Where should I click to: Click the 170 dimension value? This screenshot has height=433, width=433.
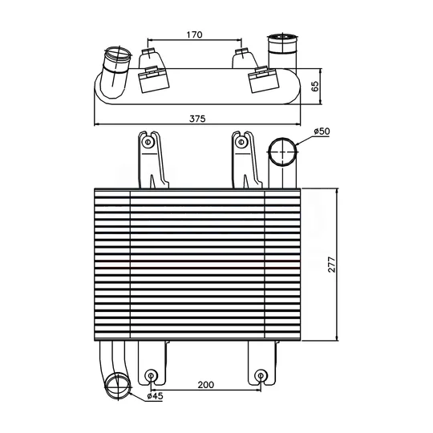194,34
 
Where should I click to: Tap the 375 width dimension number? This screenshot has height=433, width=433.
197,119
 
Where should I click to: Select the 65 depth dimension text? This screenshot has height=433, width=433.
315,86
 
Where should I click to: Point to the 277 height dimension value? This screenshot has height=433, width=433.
331,265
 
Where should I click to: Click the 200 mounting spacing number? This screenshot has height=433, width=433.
206,385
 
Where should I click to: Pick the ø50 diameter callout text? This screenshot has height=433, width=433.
322,132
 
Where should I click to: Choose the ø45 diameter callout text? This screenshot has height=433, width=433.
156,396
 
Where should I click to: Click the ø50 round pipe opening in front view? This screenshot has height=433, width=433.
284,152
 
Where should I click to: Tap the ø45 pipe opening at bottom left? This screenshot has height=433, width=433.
118,385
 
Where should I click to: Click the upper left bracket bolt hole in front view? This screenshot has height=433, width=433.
148,142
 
